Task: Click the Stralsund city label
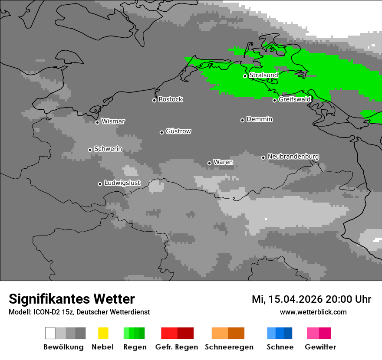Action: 263,75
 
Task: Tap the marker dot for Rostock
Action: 154,100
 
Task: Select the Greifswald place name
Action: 295,99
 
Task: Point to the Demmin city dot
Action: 242,120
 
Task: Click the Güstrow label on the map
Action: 178,131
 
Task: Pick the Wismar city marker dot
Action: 97,122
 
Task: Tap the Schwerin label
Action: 108,149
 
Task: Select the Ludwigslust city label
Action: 122,183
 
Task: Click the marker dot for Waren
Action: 209,163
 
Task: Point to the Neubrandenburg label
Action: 293,156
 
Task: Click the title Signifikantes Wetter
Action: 72,299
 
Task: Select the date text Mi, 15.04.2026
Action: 287,299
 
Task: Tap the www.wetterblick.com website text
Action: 313,312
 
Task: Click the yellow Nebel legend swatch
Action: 103,333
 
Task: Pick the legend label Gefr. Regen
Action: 177,347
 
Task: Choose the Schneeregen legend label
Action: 229,347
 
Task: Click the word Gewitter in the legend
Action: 320,347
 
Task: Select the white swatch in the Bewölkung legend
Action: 50,333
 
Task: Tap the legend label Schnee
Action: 280,347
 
